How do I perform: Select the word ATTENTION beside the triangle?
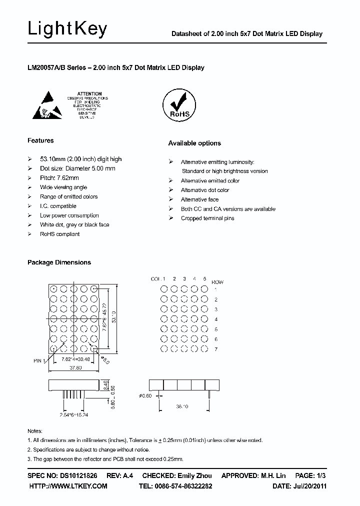[90, 93]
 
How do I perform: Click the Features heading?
[40, 141]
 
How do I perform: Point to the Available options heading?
[194, 143]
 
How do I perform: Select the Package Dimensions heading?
[59, 262]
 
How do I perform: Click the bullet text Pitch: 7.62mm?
[59, 178]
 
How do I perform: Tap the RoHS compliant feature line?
[60, 234]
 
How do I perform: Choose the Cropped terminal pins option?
[207, 218]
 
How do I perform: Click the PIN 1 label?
[39, 360]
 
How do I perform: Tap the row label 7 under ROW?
[215, 349]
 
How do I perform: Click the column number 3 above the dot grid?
[184, 278]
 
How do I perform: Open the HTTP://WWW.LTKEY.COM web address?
[68, 486]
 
